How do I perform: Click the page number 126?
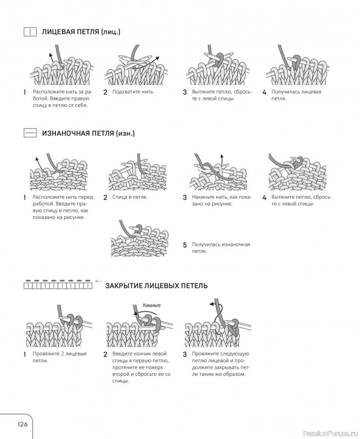pyautogui.click(x=22, y=424)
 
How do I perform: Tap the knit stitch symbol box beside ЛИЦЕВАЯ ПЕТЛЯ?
pyautogui.click(x=30, y=32)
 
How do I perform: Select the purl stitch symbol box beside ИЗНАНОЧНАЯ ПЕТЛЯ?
pyautogui.click(x=30, y=133)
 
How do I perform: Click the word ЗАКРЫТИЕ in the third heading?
pyautogui.click(x=125, y=286)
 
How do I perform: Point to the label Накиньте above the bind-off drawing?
pyautogui.click(x=152, y=305)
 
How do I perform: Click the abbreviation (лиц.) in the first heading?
pyautogui.click(x=110, y=32)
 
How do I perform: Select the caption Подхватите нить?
pyautogui.click(x=133, y=92)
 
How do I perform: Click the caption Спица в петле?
pyautogui.click(x=130, y=197)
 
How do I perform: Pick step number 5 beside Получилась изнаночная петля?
pyautogui.click(x=185, y=245)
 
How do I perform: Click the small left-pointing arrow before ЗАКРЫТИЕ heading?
pyautogui.click(x=98, y=281)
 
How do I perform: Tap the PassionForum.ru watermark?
pyautogui.click(x=330, y=434)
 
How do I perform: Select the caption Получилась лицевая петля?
pyautogui.click(x=296, y=95)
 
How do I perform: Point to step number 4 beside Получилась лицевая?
pyautogui.click(x=265, y=92)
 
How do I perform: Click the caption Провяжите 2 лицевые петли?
pyautogui.click(x=60, y=357)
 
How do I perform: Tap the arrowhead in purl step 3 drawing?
pyautogui.click(x=222, y=156)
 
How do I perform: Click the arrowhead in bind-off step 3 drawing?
pyautogui.click(x=212, y=304)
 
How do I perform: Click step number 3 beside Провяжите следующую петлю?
pyautogui.click(x=185, y=354)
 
